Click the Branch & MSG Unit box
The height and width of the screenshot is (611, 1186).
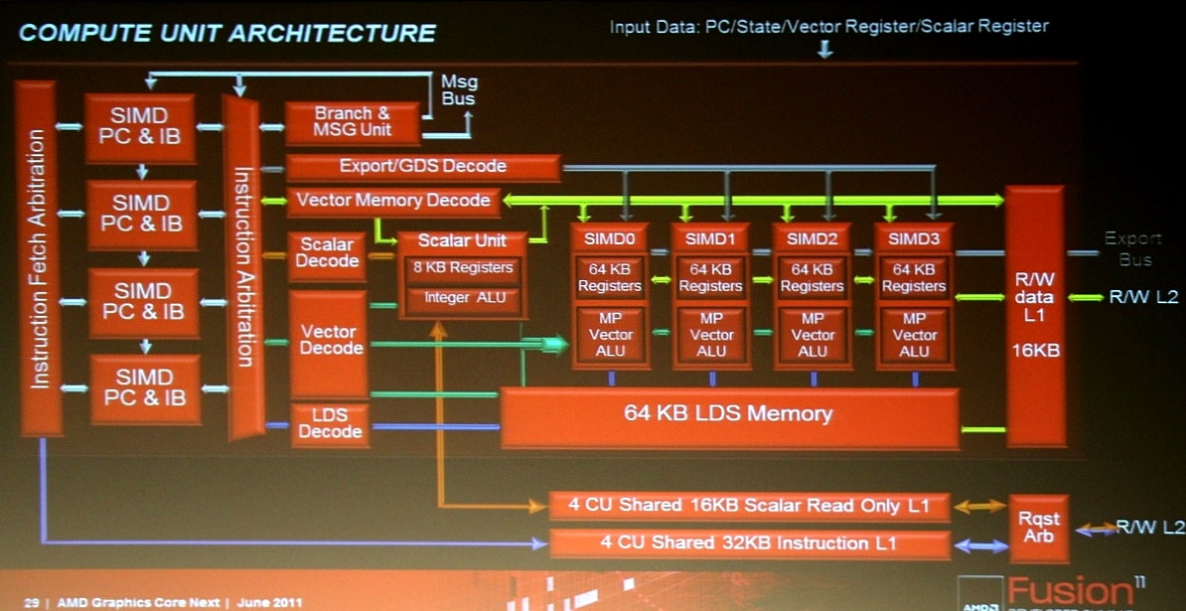click(352, 122)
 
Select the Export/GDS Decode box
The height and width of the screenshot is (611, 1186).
click(423, 167)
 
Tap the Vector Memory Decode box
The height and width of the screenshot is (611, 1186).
click(393, 201)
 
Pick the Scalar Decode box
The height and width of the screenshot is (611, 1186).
click(327, 253)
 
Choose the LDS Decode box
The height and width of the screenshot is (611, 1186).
click(330, 424)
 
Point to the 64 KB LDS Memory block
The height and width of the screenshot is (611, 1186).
click(728, 414)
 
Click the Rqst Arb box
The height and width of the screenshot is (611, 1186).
click(1038, 528)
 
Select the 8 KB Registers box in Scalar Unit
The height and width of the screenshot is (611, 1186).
click(462, 268)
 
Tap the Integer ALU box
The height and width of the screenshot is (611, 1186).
click(462, 298)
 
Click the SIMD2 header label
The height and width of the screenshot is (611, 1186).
click(813, 238)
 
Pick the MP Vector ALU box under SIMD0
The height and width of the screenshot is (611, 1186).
click(610, 335)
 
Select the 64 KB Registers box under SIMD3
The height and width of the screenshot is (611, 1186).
click(914, 277)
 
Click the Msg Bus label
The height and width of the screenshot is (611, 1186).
click(458, 90)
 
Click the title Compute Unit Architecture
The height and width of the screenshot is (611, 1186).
click(227, 33)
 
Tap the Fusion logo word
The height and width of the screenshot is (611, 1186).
click(1069, 590)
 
